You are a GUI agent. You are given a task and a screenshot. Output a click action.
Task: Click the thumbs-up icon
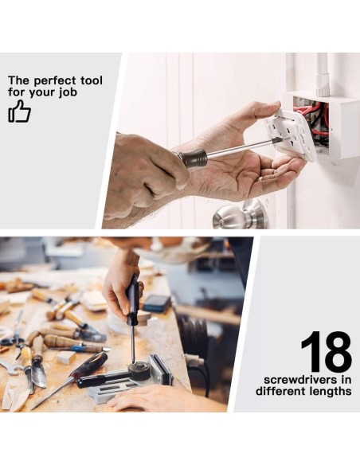(19, 111)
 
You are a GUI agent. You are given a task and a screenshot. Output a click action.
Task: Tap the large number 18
(327, 352)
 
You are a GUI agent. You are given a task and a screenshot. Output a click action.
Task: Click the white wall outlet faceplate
(292, 135)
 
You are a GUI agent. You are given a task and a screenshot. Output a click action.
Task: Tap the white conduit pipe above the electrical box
(323, 74)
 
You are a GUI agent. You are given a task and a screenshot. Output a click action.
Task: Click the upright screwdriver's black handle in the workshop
(132, 299)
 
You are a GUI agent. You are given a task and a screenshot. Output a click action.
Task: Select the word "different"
(281, 391)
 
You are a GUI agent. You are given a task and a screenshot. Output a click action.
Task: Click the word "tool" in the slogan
(92, 80)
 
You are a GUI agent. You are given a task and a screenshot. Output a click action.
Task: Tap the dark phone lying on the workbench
(157, 303)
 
